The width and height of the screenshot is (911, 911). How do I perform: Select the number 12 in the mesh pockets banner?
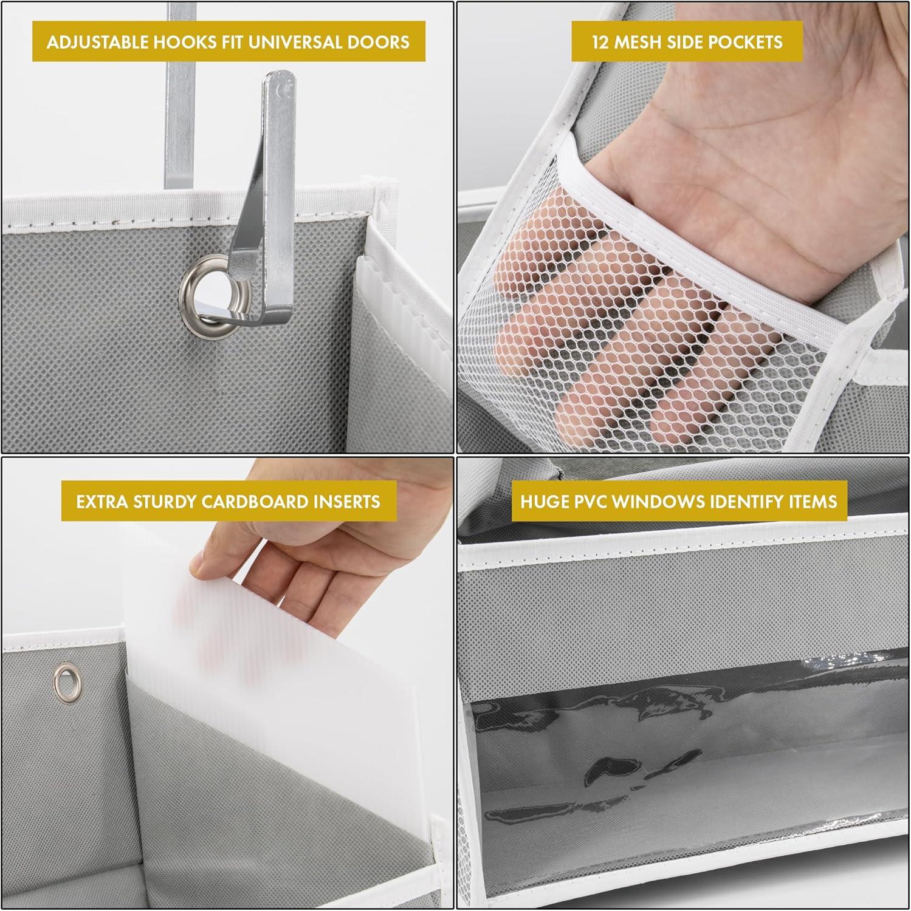click(x=601, y=42)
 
